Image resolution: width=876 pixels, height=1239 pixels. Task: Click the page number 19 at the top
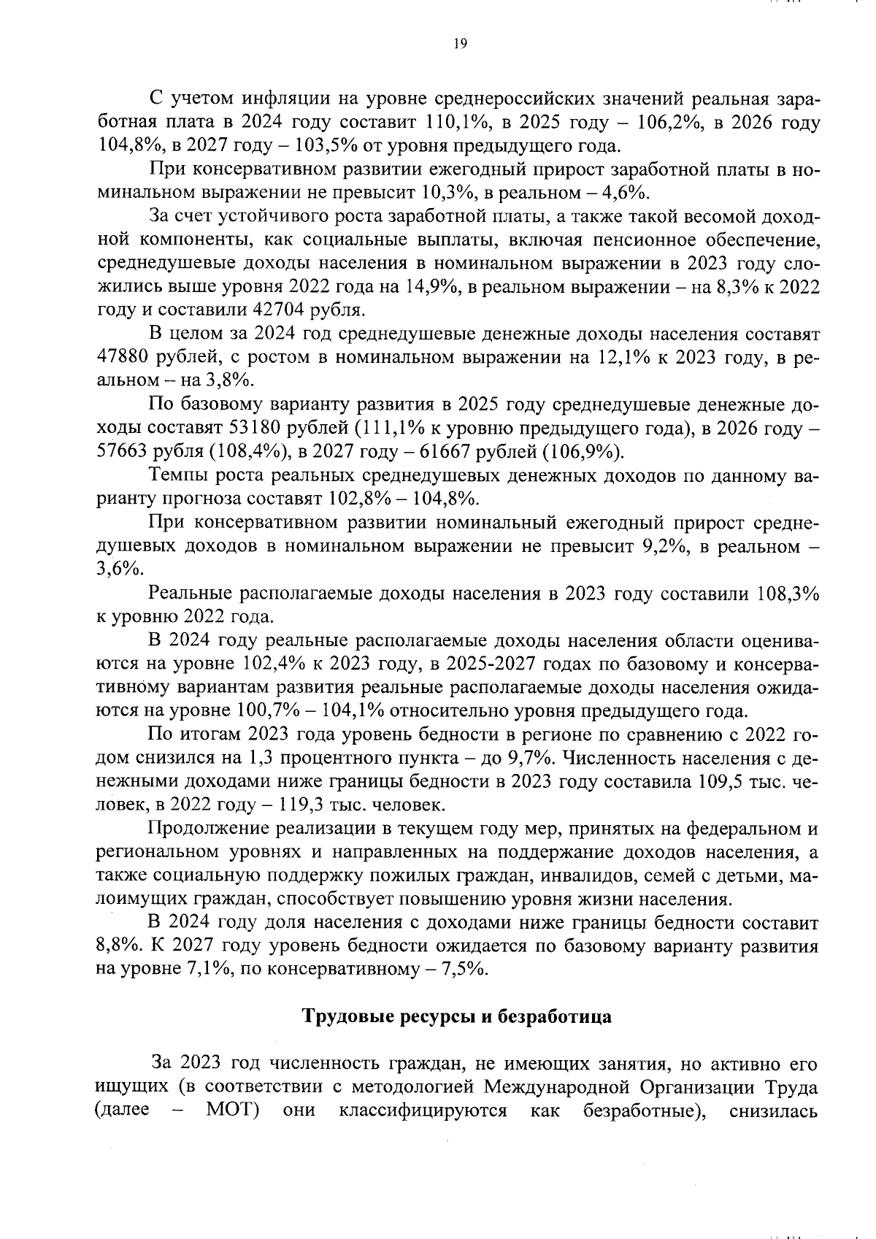tap(460, 44)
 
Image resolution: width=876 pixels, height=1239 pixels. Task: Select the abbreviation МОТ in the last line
tap(234, 1131)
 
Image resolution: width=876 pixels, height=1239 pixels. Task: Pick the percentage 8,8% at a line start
tap(119, 947)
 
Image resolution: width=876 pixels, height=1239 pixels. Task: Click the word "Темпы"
tap(175, 476)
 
